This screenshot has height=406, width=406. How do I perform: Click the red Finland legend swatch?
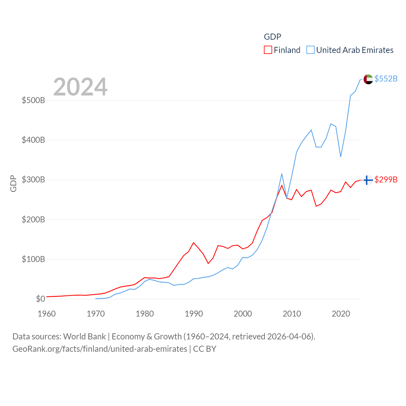click(x=268, y=50)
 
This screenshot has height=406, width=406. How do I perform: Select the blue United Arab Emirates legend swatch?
click(x=311, y=50)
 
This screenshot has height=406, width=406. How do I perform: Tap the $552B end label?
click(x=386, y=79)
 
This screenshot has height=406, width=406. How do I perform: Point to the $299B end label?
click(x=386, y=180)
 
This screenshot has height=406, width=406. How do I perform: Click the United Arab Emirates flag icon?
click(x=368, y=79)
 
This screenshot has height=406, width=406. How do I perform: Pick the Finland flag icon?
click(x=368, y=180)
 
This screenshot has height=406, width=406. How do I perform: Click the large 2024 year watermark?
click(x=80, y=87)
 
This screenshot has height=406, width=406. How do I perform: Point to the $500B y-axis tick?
click(x=33, y=101)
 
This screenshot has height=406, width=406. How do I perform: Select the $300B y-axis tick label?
click(x=33, y=180)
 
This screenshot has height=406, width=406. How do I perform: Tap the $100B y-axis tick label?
click(x=33, y=259)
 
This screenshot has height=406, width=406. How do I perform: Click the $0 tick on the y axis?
click(x=40, y=299)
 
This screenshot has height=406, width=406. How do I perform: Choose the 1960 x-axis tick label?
click(x=47, y=314)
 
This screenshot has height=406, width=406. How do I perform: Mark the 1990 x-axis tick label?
click(x=194, y=314)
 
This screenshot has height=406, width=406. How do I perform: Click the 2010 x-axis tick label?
click(x=292, y=314)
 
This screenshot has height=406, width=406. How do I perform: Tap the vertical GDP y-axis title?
click(x=13, y=183)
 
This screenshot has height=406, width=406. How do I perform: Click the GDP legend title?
click(x=272, y=37)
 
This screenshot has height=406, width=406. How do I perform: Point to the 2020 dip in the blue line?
click(x=341, y=156)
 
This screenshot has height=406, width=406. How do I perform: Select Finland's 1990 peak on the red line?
click(x=193, y=243)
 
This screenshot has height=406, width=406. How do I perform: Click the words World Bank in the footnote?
click(x=84, y=336)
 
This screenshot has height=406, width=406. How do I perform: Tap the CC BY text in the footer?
click(x=205, y=349)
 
